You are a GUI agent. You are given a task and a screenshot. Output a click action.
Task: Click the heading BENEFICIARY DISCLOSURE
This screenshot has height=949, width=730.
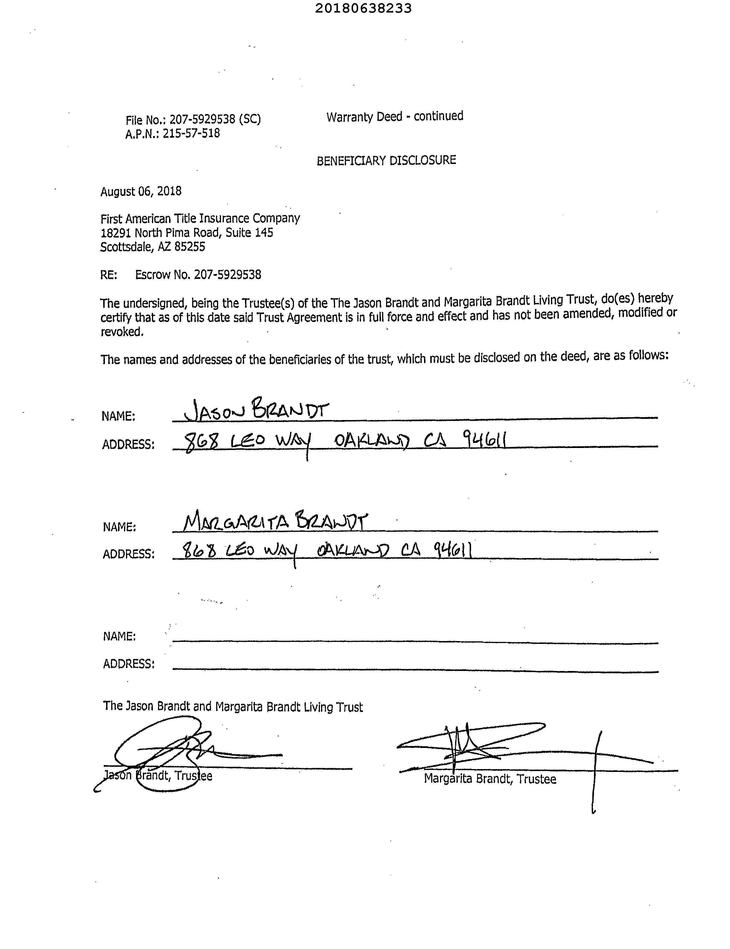(x=386, y=161)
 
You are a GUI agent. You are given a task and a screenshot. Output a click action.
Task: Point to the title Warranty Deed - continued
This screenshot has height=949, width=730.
(x=395, y=116)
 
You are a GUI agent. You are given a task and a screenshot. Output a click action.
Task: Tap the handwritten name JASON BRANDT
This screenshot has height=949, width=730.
(x=256, y=409)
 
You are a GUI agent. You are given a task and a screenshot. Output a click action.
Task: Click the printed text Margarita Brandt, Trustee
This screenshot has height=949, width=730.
(x=490, y=779)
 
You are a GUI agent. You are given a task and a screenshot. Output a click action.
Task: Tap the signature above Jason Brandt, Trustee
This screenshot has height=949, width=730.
(x=182, y=754)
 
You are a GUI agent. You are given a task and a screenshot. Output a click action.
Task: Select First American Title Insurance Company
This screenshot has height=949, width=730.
(x=200, y=218)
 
